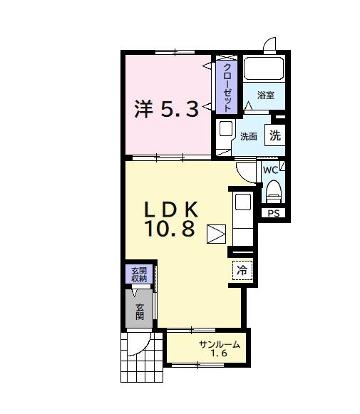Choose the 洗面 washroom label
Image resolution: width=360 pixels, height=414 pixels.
pyautogui.click(x=248, y=136)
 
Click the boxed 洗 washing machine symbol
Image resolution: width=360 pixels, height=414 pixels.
pyautogui.click(x=275, y=135)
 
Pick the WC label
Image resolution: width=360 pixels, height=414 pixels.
pyautogui.click(x=270, y=171)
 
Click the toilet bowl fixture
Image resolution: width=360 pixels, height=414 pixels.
pyautogui.click(x=273, y=192)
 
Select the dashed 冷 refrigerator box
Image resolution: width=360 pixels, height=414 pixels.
pyautogui.click(x=242, y=270)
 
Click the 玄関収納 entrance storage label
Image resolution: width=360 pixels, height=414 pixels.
pyautogui.click(x=138, y=274)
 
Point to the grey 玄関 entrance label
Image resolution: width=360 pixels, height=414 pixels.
pyautogui.click(x=140, y=311)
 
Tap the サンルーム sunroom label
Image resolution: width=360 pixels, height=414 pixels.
pyautogui.click(x=220, y=345)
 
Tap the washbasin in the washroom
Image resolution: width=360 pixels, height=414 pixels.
pyautogui.click(x=225, y=130)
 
